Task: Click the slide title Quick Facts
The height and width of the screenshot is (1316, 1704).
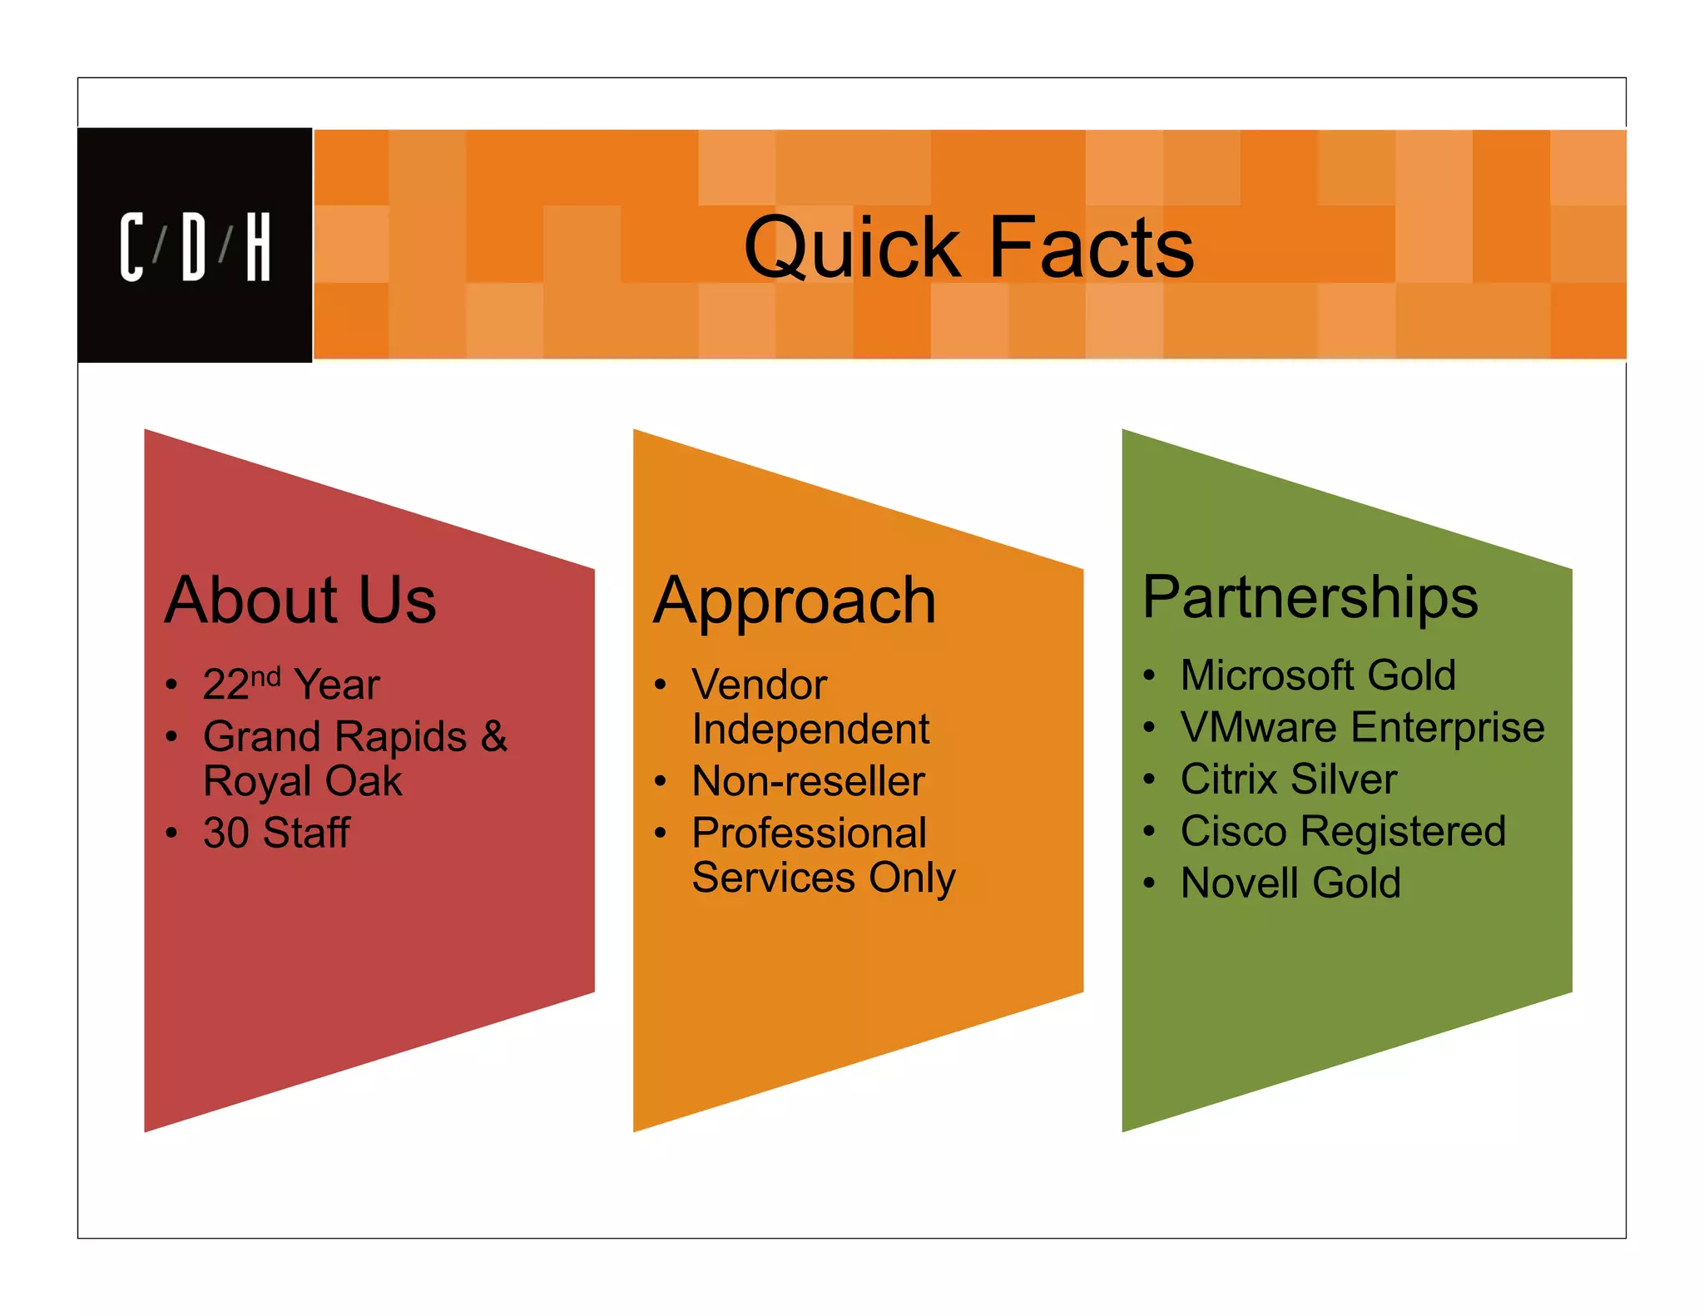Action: [968, 247]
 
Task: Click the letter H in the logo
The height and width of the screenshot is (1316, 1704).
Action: [258, 247]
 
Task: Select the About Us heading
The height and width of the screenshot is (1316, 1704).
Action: [300, 600]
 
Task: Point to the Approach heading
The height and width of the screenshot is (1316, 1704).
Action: [795, 601]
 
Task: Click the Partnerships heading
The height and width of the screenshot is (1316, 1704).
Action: [1310, 597]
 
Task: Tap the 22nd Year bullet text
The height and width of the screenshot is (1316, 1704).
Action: [291, 685]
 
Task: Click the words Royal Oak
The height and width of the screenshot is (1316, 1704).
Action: [303, 781]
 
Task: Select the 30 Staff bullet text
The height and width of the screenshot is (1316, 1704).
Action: [276, 833]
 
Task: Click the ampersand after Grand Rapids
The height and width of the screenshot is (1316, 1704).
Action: [493, 736]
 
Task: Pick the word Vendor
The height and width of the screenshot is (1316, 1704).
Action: [760, 685]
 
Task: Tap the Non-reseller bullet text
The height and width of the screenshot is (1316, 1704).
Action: [808, 781]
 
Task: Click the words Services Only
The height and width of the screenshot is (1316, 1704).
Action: [824, 878]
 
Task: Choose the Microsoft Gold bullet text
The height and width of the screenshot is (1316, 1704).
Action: [1318, 675]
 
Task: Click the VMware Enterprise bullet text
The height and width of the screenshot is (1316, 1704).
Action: [1362, 727]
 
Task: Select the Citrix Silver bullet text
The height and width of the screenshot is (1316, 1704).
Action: [1289, 779]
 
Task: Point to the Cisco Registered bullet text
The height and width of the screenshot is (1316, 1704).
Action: [1343, 831]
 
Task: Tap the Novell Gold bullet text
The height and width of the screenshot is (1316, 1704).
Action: [1290, 883]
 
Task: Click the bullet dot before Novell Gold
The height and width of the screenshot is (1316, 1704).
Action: [1149, 883]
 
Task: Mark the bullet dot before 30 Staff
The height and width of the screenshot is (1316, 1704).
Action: [171, 833]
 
